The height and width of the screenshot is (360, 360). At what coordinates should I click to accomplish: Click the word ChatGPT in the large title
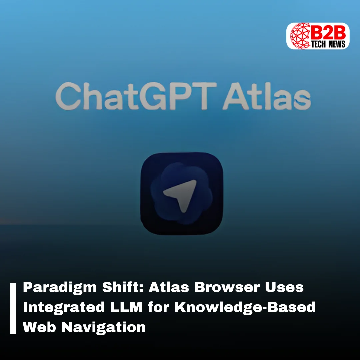click(x=136, y=96)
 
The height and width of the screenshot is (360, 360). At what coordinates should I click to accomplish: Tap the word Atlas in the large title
click(x=267, y=96)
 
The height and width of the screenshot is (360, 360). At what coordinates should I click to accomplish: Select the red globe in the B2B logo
click(x=301, y=36)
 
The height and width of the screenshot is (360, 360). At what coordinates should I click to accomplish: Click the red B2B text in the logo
click(x=329, y=32)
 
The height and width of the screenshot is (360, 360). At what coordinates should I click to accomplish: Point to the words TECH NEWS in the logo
click(x=328, y=44)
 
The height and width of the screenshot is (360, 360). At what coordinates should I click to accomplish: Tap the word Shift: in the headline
click(x=123, y=287)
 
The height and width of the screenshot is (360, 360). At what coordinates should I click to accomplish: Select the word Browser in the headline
click(x=227, y=287)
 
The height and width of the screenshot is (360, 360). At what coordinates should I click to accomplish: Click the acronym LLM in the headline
click(x=127, y=307)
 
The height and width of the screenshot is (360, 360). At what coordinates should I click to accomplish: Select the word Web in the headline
click(x=39, y=327)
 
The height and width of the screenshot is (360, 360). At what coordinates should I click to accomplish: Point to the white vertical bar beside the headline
click(x=13, y=308)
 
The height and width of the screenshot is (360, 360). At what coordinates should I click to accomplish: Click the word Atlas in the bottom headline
click(x=169, y=287)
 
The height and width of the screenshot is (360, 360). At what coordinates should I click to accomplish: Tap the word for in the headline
click(x=158, y=307)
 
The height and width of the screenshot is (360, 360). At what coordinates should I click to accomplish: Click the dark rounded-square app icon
click(x=182, y=193)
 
